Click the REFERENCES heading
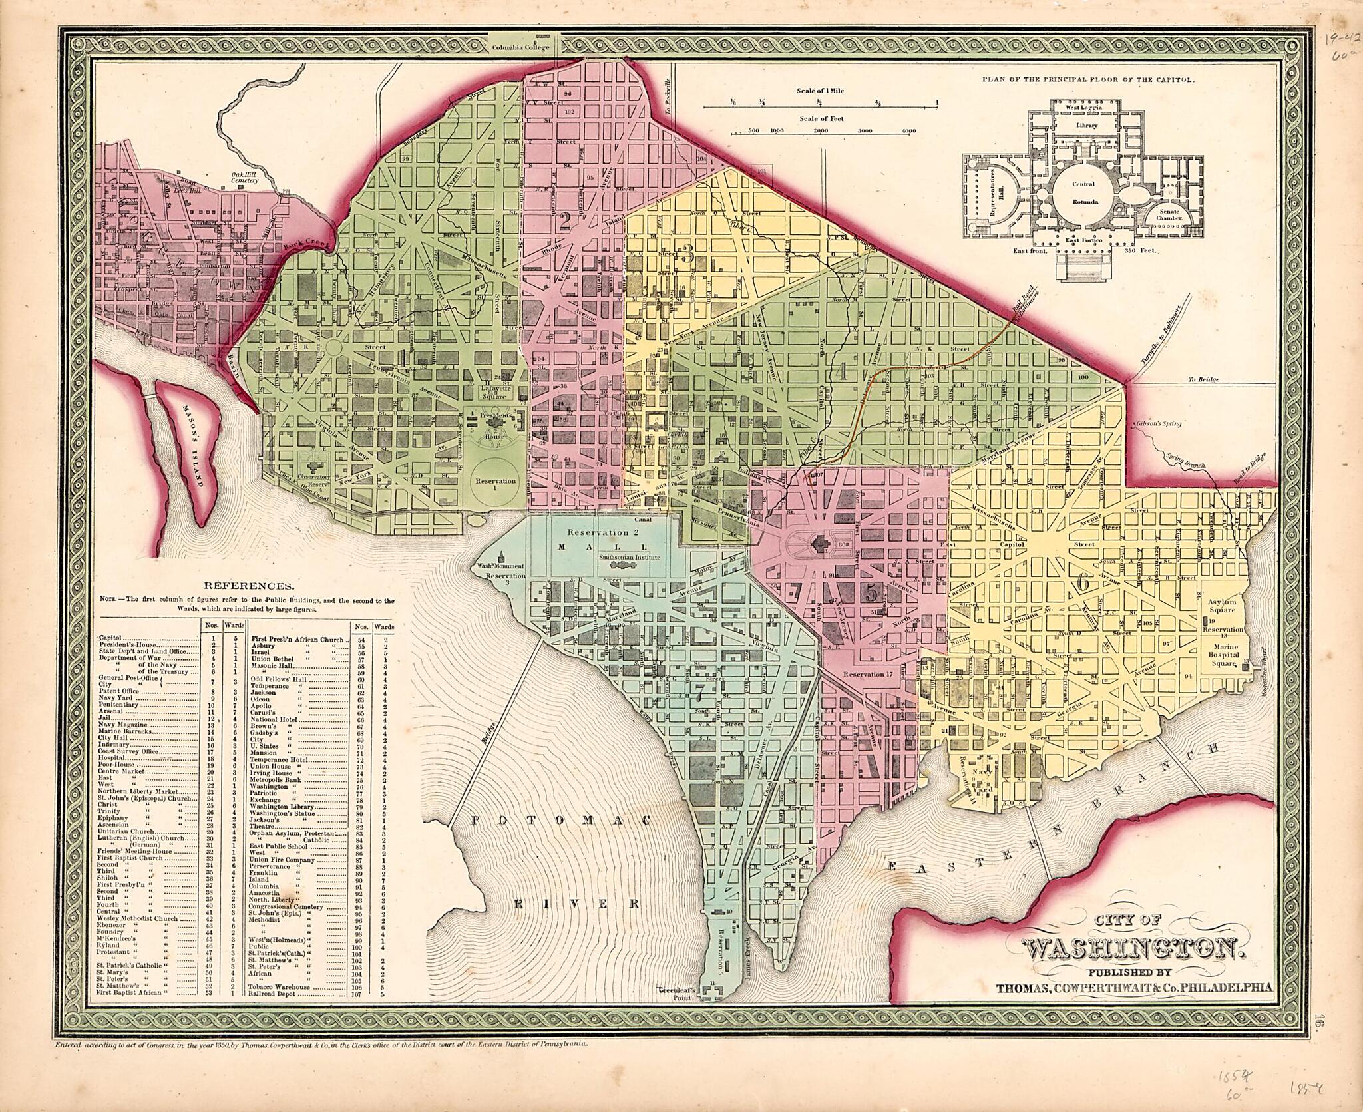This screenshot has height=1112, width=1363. click(248, 586)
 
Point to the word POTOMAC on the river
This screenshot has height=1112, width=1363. click(558, 823)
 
